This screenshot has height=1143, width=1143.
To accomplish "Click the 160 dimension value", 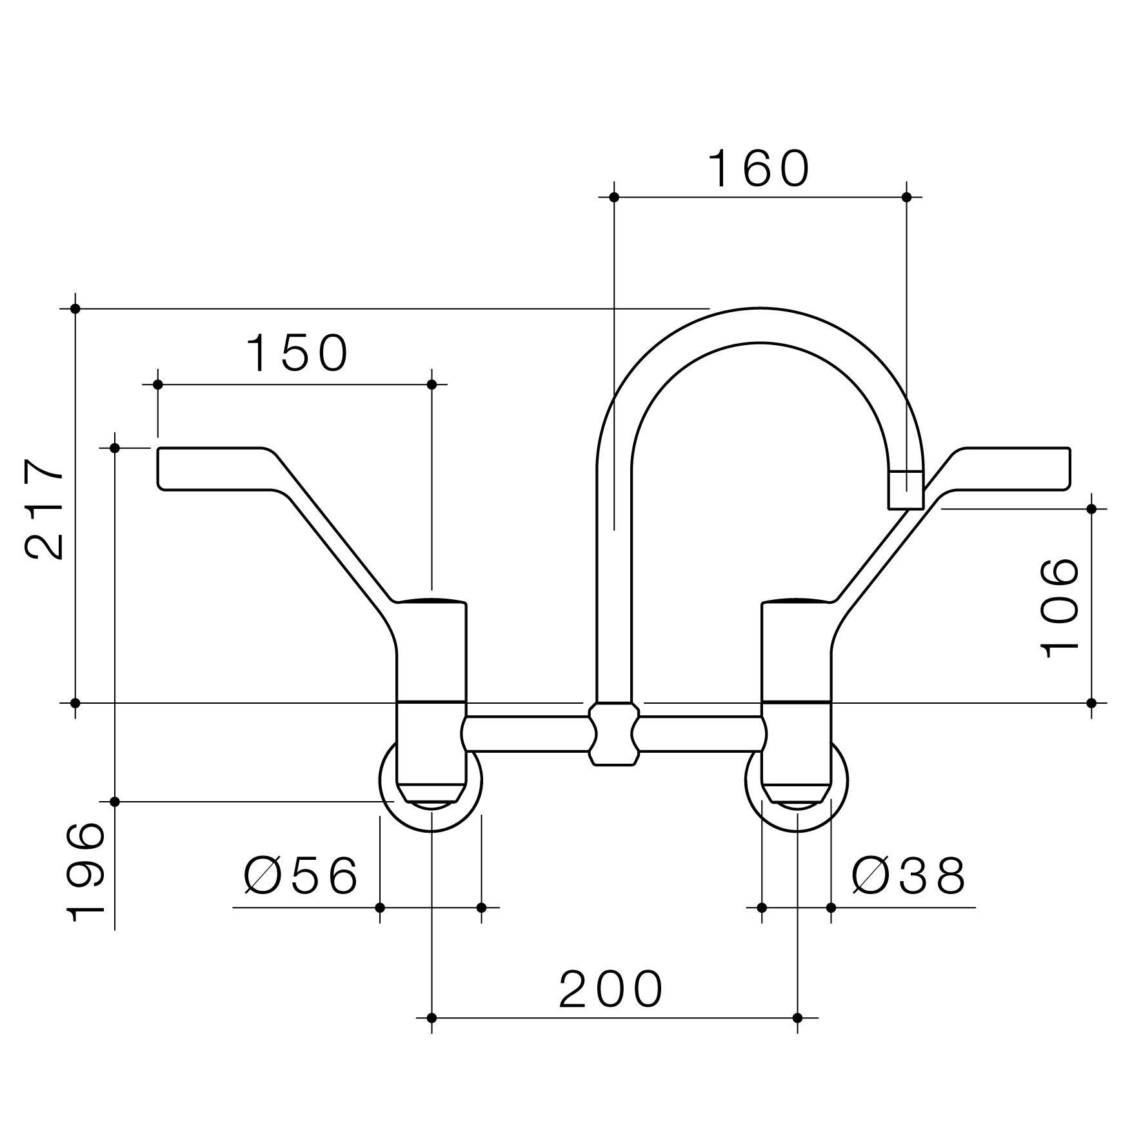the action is click(x=759, y=169).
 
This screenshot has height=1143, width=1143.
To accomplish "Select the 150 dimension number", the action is click(x=297, y=353).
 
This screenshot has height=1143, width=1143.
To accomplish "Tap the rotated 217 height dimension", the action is click(x=45, y=510).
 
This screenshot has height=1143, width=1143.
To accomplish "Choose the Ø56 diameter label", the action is click(x=301, y=876).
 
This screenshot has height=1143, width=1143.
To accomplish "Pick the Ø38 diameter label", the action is click(x=909, y=876).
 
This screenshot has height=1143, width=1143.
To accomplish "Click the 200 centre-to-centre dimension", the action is click(x=611, y=989).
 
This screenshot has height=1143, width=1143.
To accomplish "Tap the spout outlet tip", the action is click(x=906, y=490).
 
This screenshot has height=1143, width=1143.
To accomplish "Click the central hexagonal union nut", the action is click(x=613, y=734).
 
